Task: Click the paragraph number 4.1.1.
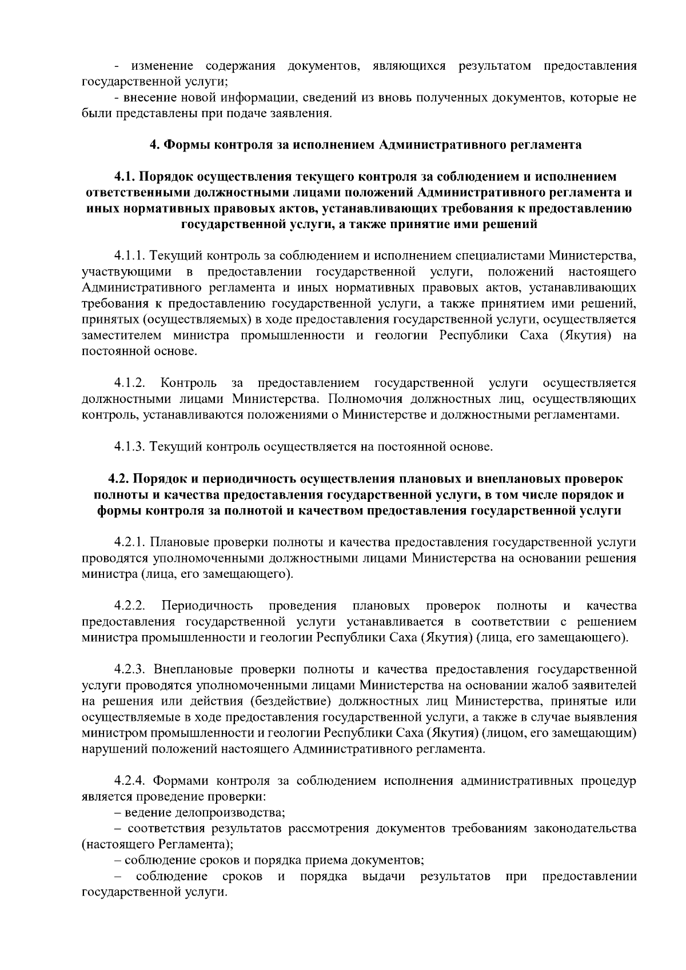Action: point(130,254)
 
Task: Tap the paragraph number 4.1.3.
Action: point(130,446)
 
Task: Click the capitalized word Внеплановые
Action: point(196,669)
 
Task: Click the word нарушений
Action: point(110,749)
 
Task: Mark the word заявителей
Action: point(608,685)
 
